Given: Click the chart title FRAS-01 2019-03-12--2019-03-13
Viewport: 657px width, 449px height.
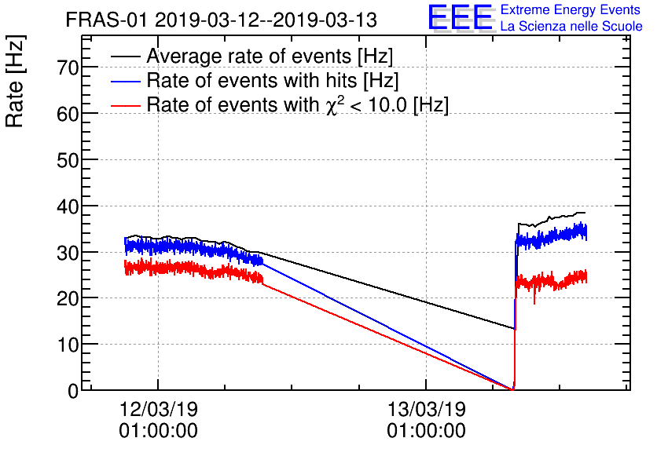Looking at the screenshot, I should tap(222, 19).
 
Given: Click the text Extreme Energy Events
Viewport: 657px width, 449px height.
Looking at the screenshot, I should tap(571, 10).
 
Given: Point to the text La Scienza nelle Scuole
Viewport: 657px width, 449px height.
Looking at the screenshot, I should tap(571, 27).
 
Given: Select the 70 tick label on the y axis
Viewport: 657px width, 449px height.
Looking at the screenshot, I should tap(68, 68).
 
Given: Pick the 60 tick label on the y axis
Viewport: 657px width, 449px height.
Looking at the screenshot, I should tap(68, 114).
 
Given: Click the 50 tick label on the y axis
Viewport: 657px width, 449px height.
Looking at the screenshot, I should tap(68, 160).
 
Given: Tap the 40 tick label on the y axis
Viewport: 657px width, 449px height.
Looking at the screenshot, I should tap(68, 206).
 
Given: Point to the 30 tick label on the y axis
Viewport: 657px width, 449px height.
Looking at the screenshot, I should tap(68, 252).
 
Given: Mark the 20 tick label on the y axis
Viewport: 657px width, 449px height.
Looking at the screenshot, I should tap(68, 298).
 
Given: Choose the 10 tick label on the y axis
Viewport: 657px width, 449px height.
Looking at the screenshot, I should tap(68, 345).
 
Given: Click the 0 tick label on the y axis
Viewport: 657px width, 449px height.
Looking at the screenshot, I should tap(73, 391).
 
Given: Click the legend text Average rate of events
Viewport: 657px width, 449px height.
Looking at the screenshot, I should tap(270, 57).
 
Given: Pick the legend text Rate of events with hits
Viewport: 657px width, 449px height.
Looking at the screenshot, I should tap(273, 81).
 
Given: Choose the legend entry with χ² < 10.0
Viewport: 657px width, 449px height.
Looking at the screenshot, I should tap(298, 105).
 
